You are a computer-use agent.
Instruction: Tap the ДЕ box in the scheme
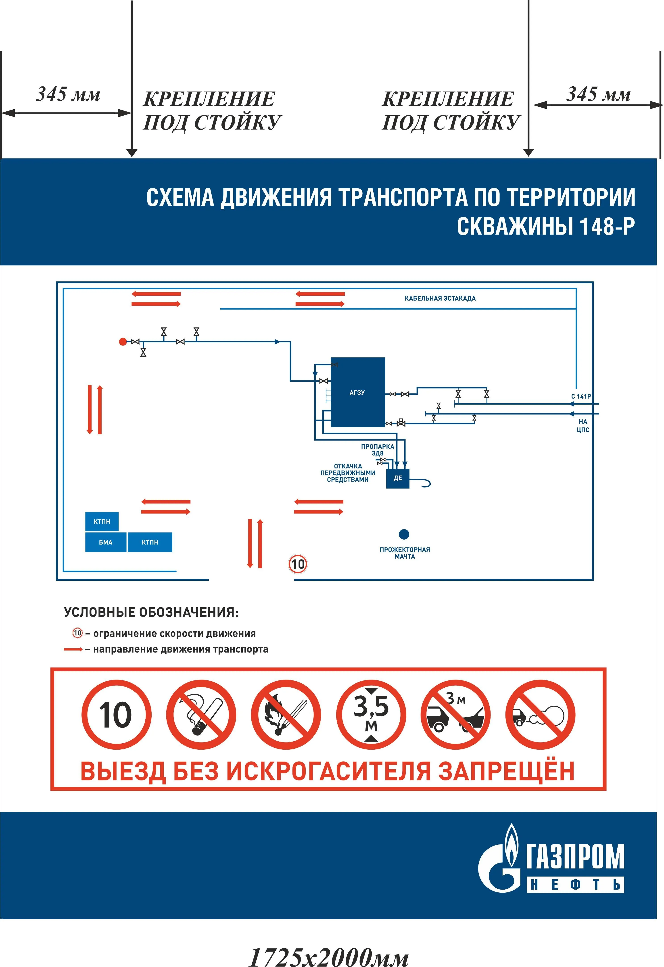tap(398, 478)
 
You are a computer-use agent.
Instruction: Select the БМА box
tap(106, 542)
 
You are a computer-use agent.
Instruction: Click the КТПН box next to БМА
tap(150, 542)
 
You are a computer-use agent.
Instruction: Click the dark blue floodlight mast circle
tap(404, 534)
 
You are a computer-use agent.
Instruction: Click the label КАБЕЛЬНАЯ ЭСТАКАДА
tap(440, 298)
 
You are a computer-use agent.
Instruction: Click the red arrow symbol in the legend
tap(73, 649)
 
